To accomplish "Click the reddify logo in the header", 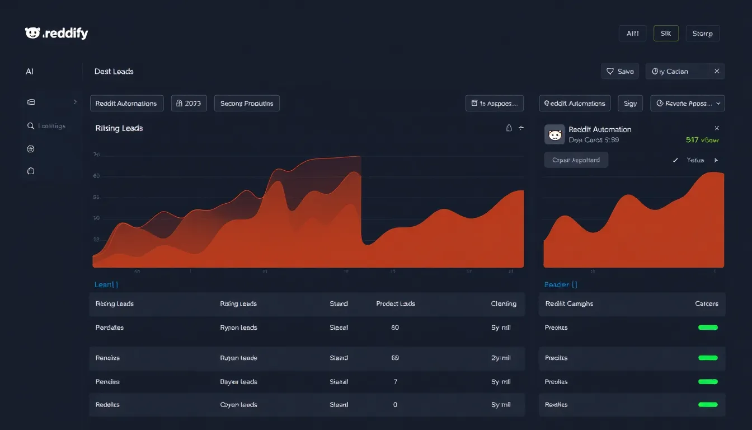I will tap(57, 34).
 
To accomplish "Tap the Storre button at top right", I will tap(702, 34).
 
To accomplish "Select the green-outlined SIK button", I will tap(666, 34).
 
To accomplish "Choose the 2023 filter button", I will tap(189, 104).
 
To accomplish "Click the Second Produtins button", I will tap(247, 104).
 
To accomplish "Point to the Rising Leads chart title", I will tap(119, 128).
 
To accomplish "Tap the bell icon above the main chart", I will tap(509, 128).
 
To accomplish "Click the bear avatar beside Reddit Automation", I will tap(554, 134).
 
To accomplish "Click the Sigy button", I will tap(631, 104).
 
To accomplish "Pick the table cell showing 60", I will tap(395, 328).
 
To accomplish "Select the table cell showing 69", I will tap(395, 358).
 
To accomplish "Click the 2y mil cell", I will tap(501, 358).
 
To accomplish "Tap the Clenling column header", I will tap(504, 303).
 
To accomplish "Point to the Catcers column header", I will tap(706, 303).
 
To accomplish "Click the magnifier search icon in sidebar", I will tap(31, 126).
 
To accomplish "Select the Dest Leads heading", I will tap(114, 72).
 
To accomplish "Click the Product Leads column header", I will tap(396, 303).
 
